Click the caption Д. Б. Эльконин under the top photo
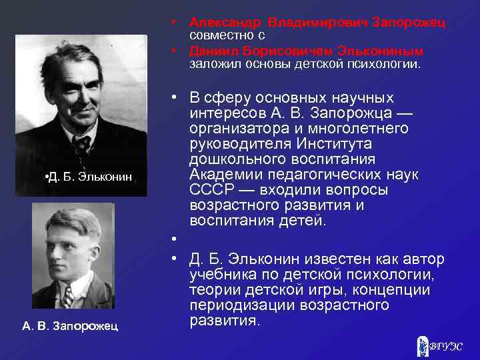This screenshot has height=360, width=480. point(88,177)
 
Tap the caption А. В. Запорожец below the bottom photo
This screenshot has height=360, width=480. point(70,325)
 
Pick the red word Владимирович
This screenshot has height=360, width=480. point(313,22)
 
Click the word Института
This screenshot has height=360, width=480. point(357,144)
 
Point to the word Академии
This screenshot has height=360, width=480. point(224,175)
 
